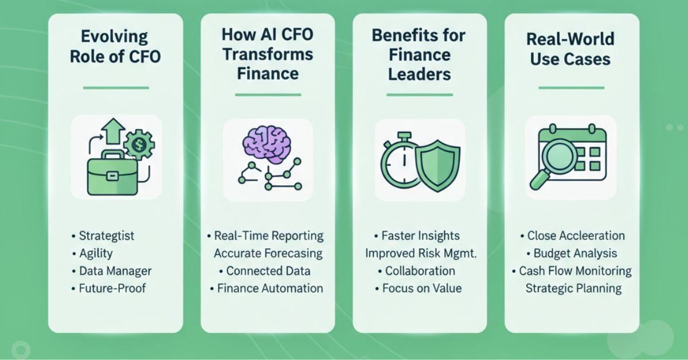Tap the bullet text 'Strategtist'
(104, 236)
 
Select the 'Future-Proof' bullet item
(112, 288)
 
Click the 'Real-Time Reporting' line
(268, 236)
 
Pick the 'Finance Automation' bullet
(268, 288)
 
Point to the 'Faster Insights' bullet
(420, 236)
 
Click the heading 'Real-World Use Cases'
(570, 49)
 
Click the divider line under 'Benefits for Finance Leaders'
(420, 95)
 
